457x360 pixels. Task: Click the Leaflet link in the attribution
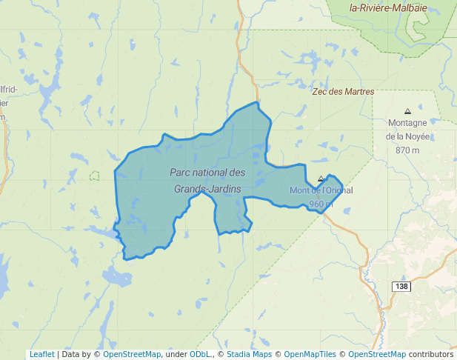point(41,354)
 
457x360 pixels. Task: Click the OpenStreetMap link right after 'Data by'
point(132,354)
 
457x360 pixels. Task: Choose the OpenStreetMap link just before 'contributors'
point(377,354)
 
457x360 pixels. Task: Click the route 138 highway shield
point(401,286)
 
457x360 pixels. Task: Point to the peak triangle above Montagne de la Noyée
point(407,111)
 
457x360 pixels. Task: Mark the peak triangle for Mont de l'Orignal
point(321,179)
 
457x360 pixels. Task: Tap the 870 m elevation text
point(407,150)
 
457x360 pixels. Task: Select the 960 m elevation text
point(321,204)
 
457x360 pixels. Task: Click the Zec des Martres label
point(343,92)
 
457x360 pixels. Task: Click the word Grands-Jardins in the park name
point(207,189)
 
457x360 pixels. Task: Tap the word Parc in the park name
point(180,172)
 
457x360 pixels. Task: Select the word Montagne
point(407,123)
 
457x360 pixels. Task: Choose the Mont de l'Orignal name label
point(321,190)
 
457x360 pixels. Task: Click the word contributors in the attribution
point(430,354)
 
